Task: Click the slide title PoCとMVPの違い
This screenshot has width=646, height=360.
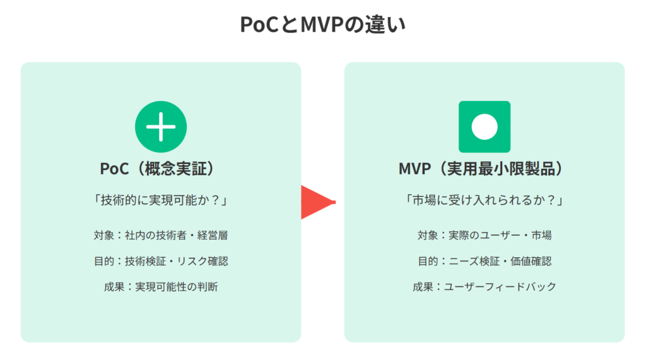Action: [x=322, y=25]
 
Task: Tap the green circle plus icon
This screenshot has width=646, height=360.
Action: [x=161, y=127]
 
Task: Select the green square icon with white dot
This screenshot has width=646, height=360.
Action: [x=484, y=127]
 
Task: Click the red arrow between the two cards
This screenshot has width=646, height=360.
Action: [x=318, y=202]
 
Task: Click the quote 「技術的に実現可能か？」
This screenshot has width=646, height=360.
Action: [x=161, y=200]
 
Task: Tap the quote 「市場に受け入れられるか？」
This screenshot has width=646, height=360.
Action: [x=484, y=200]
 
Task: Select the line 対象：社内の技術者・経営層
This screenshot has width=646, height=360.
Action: [x=161, y=235]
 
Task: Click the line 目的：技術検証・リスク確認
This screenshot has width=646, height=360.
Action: [x=161, y=261]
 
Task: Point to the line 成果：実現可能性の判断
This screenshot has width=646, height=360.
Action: [x=161, y=287]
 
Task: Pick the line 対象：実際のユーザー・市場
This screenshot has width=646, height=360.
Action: [x=484, y=235]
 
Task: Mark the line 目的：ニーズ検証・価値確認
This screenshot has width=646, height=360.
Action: [x=484, y=261]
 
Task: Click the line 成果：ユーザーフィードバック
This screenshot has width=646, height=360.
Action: [x=484, y=287]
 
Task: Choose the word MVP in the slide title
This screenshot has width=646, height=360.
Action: [x=322, y=25]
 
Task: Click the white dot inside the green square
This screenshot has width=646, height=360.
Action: [x=484, y=127]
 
